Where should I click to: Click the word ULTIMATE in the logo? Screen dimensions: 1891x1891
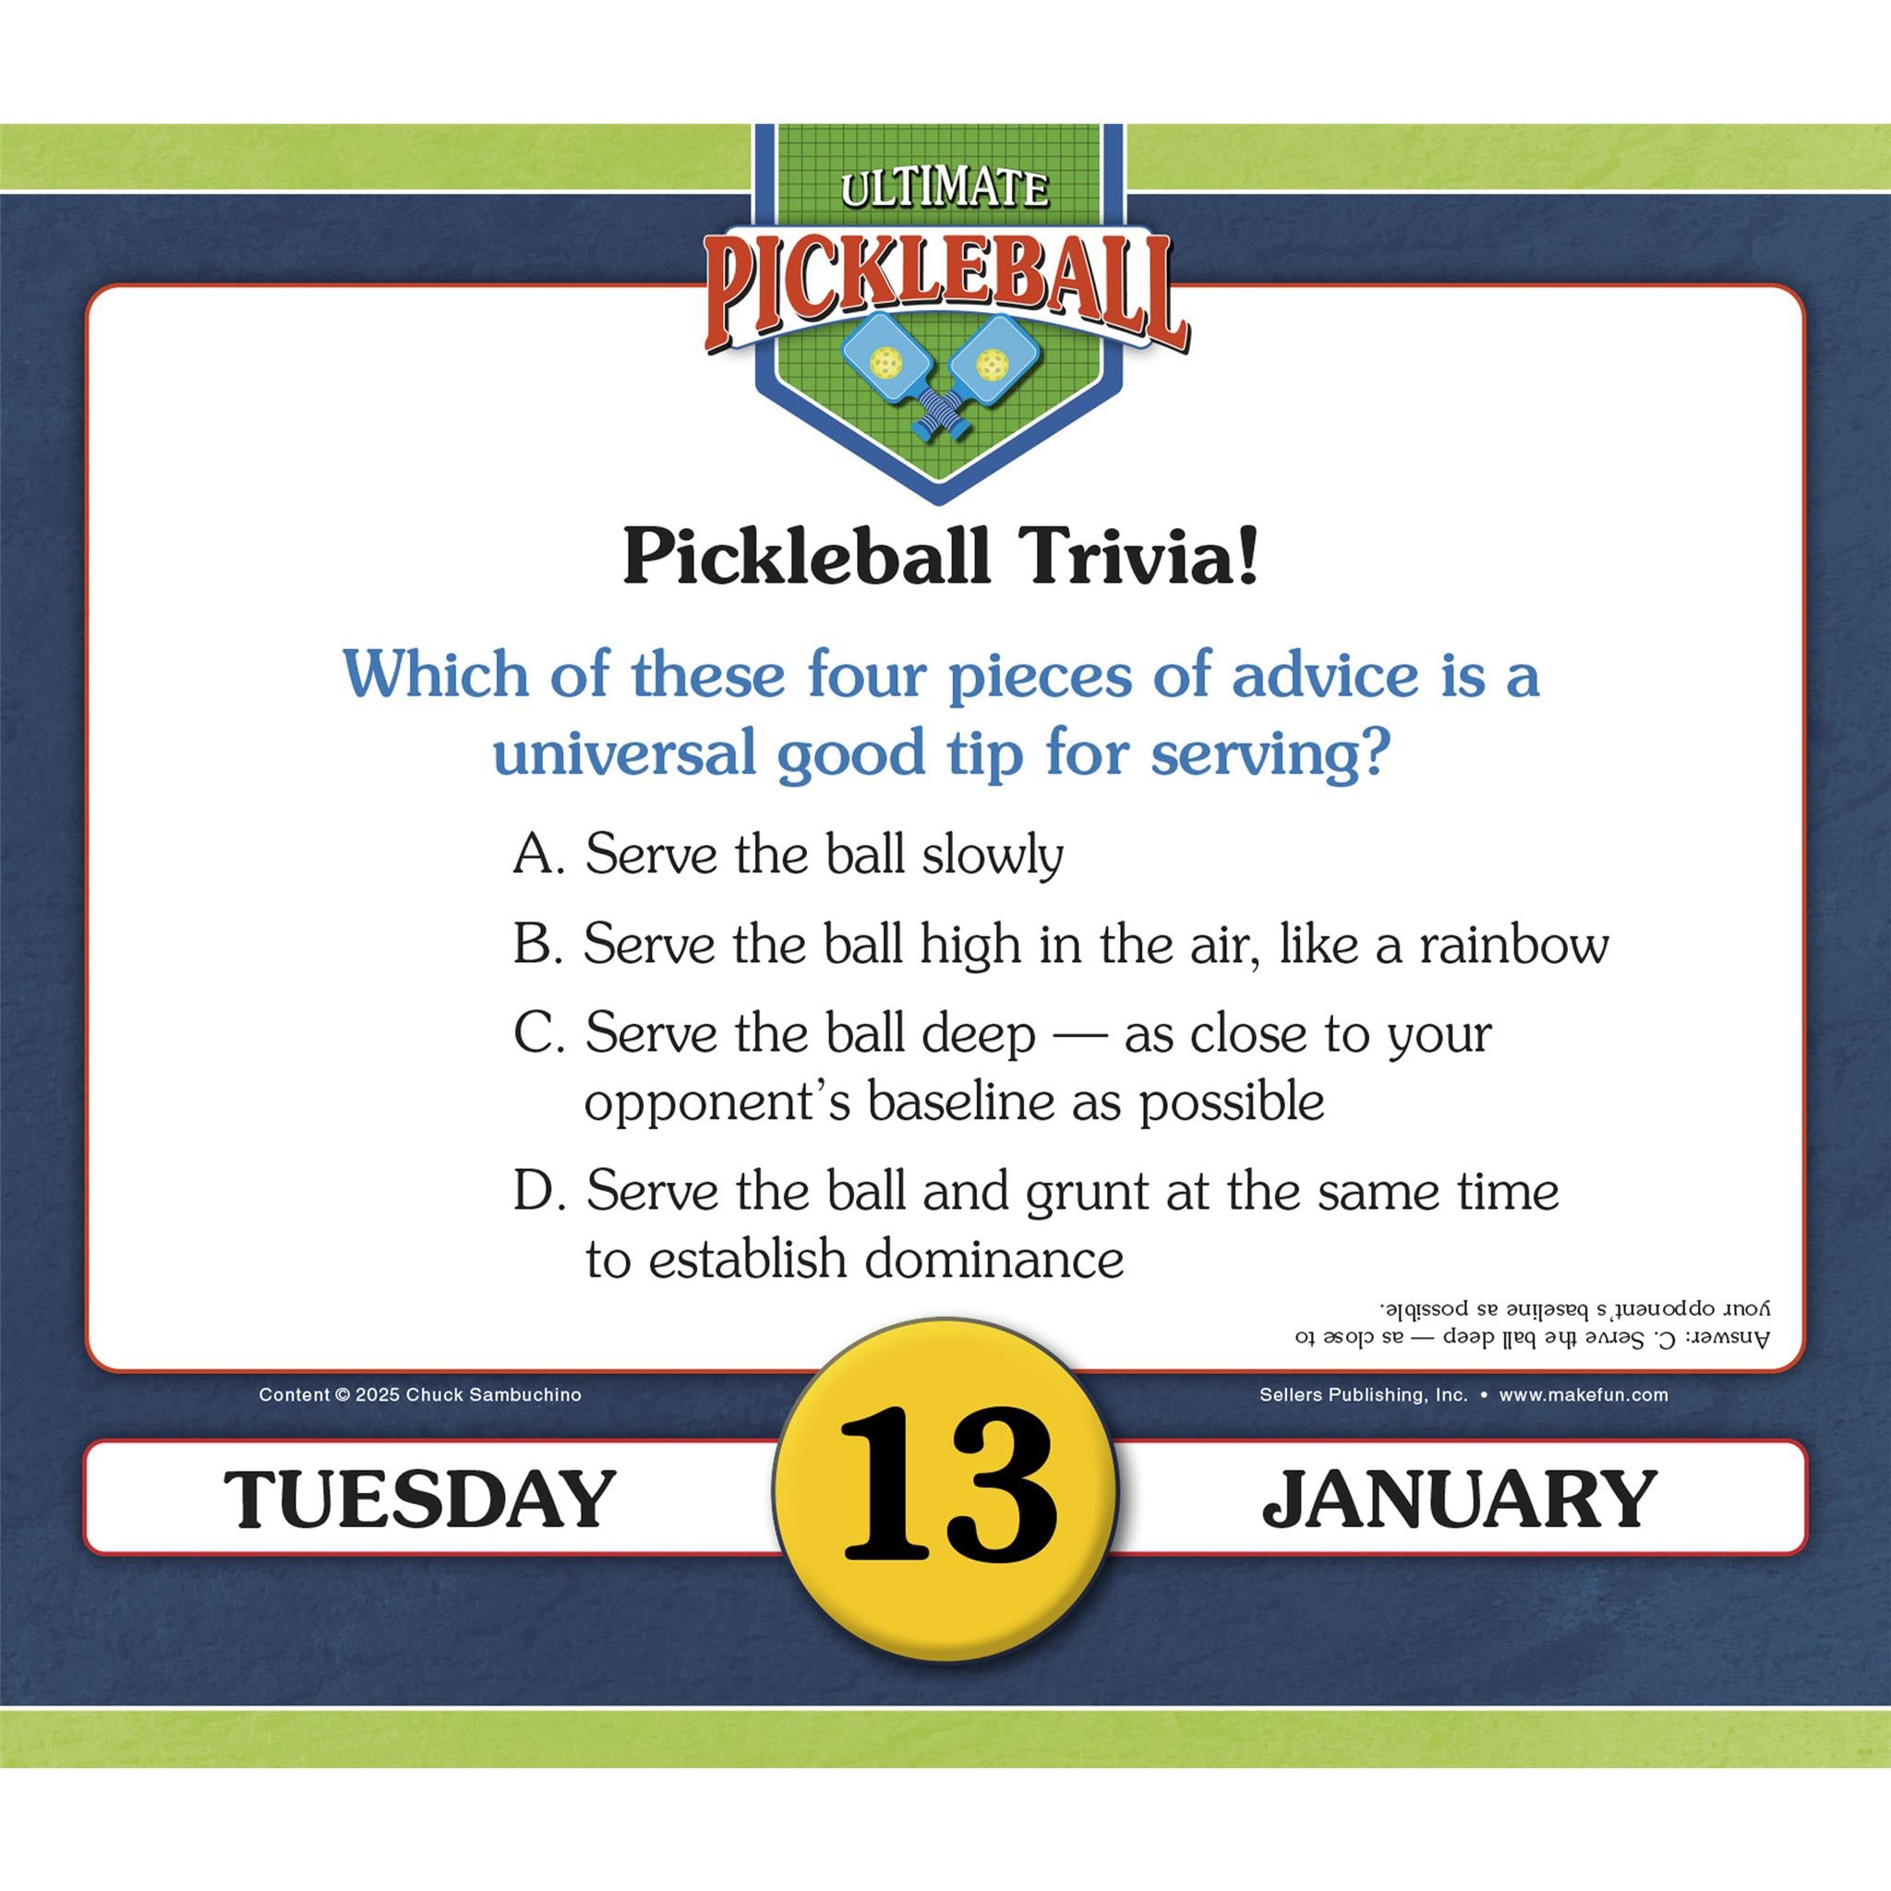[944, 188]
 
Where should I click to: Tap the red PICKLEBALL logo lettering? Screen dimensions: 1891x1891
[945, 290]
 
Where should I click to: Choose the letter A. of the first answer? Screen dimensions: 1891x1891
[538, 854]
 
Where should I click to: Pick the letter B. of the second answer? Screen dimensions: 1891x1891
[537, 945]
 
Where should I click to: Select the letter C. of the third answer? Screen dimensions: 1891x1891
[538, 1034]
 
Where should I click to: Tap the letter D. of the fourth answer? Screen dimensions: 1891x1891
[539, 1191]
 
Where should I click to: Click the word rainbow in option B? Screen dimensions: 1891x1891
[1513, 945]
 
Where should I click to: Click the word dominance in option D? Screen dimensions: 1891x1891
[994, 1259]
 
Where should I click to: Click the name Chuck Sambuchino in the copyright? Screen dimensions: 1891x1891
[493, 1395]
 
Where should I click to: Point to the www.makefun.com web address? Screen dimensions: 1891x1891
[1583, 1395]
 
